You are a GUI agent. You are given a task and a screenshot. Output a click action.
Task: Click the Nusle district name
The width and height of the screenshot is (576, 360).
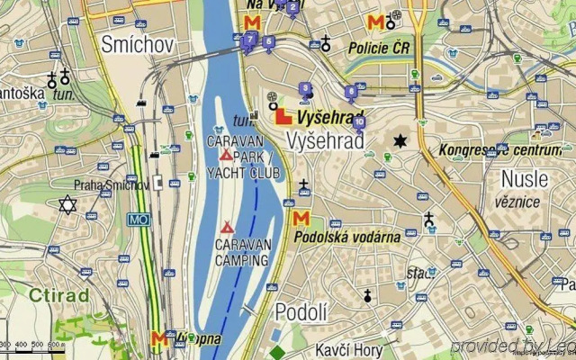[525, 178]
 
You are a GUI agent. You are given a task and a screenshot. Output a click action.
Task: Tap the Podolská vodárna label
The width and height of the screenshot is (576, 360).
[347, 237]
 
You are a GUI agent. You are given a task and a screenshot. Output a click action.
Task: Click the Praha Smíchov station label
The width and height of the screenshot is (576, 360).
[112, 185]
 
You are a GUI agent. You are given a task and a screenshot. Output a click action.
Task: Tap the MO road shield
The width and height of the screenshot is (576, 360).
[138, 219]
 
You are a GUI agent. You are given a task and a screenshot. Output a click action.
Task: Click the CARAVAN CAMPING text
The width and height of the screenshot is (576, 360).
[241, 252]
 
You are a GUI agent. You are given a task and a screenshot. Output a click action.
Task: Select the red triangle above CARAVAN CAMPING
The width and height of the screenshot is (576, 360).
[227, 228]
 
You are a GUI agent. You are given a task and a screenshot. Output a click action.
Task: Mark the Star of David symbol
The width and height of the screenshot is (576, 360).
[67, 205]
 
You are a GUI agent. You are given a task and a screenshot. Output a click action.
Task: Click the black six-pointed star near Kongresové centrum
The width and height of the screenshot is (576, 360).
[399, 141]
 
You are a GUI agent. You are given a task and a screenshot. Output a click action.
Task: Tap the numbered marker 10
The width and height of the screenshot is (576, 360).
[359, 121]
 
